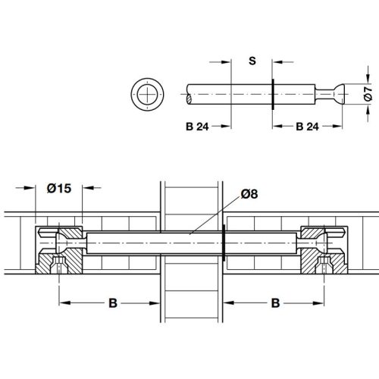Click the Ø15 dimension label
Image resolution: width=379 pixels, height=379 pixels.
tap(59, 189)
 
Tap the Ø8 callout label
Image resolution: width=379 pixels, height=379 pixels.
tap(249, 194)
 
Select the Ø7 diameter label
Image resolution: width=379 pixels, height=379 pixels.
tap(368, 93)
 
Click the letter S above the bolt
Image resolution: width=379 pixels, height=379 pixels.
tap(252, 61)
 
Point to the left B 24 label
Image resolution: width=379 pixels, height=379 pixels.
tap(197, 127)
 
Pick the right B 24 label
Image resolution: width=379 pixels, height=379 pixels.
tap(307, 127)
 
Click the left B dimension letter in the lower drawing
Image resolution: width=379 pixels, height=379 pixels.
tap(113, 303)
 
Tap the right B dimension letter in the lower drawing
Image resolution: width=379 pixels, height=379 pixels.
tap(275, 303)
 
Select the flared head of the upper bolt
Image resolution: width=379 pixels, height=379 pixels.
tap(339, 94)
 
